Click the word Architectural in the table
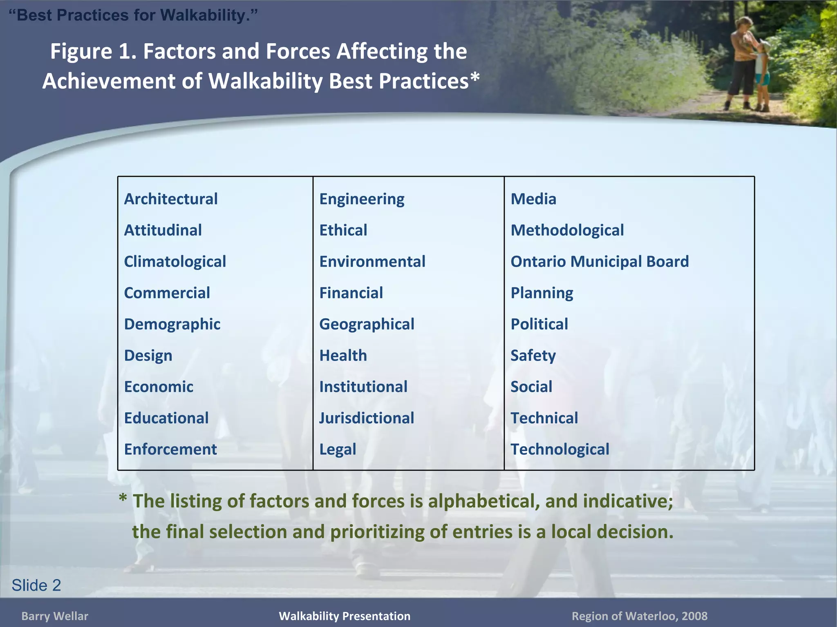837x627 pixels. point(171,199)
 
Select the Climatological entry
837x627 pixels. point(175,262)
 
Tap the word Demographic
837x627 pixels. point(172,325)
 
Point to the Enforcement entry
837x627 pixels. point(170,449)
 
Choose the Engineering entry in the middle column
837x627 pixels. point(362,199)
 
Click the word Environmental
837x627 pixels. point(372,262)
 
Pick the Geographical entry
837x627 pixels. point(367,325)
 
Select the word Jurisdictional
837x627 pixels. point(367,418)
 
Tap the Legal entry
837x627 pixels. point(338,449)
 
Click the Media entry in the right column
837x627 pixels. point(533,199)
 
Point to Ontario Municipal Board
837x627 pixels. point(600,262)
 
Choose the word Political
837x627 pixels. point(539,325)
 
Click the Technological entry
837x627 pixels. point(560,449)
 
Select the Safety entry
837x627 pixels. point(533,356)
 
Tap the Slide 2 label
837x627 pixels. point(36,585)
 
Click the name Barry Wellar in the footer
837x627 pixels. point(55,616)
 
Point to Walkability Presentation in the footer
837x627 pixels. point(345,616)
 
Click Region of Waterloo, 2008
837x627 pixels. point(639,616)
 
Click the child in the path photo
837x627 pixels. point(761,76)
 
